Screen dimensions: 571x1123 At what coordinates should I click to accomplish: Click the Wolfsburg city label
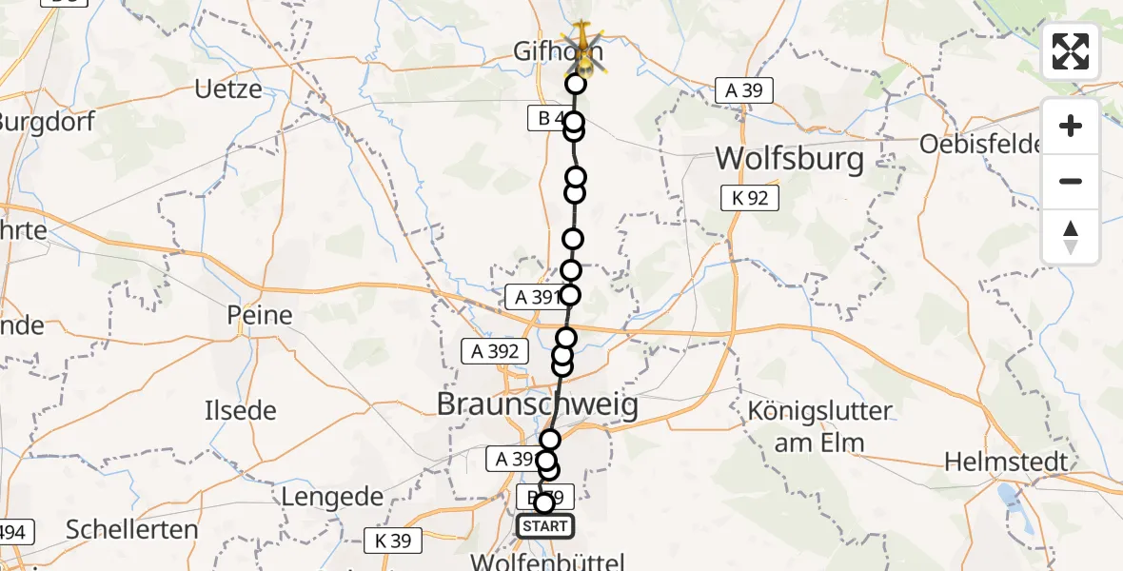(790, 158)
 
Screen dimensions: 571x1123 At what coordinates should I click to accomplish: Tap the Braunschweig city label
(537, 405)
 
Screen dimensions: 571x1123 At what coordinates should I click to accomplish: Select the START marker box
(544, 526)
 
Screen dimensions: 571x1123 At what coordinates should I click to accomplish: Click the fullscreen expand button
(1071, 51)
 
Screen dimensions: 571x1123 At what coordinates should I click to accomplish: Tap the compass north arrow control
(1071, 237)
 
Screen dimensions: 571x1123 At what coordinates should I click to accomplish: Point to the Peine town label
(259, 315)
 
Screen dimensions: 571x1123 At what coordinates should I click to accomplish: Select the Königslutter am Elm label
(819, 426)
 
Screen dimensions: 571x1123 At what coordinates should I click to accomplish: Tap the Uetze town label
(228, 90)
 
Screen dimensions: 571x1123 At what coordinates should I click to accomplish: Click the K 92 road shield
(750, 198)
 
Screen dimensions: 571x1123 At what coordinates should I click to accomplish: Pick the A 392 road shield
(495, 350)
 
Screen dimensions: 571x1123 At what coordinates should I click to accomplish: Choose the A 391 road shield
(534, 297)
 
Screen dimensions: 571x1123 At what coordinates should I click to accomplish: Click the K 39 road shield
(393, 541)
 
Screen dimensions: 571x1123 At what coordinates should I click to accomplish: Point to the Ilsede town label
(241, 411)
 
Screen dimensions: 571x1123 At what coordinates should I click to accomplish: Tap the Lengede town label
(331, 497)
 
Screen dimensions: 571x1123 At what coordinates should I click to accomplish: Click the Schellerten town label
(133, 529)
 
